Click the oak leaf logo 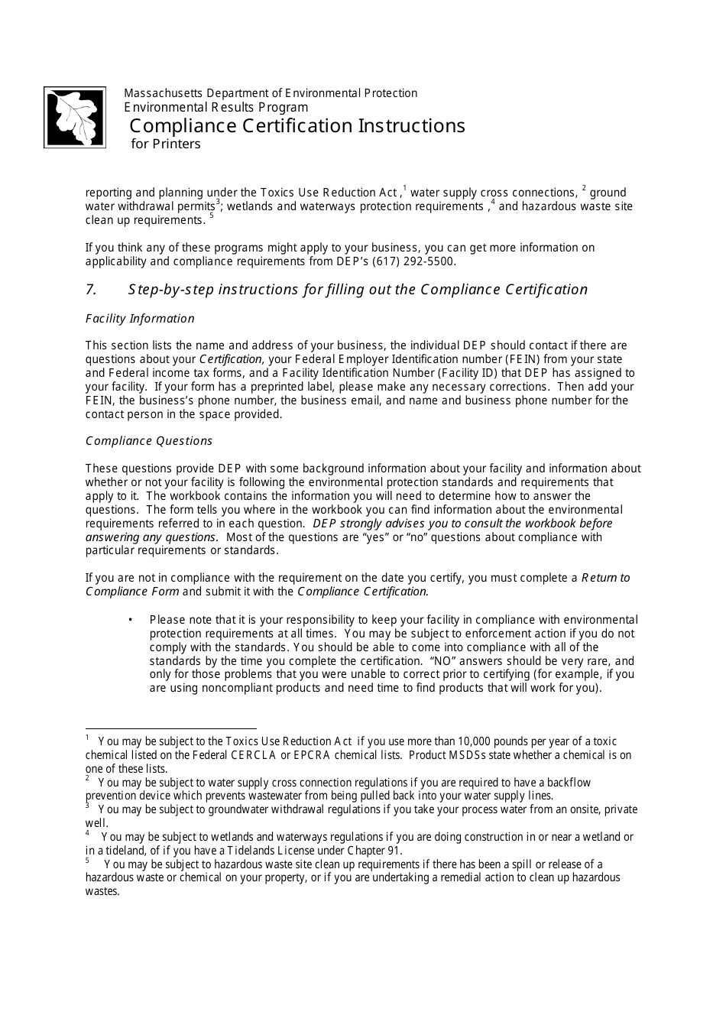coord(75,117)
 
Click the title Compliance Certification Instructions coord(297,125)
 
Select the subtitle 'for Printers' coord(165,144)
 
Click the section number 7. coord(91,290)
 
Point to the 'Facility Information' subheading coord(140,319)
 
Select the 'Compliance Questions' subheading coord(149,441)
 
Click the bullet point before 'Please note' coord(131,620)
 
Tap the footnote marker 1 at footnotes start coord(88,738)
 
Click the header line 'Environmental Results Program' coord(216,108)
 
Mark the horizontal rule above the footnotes coord(171,729)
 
